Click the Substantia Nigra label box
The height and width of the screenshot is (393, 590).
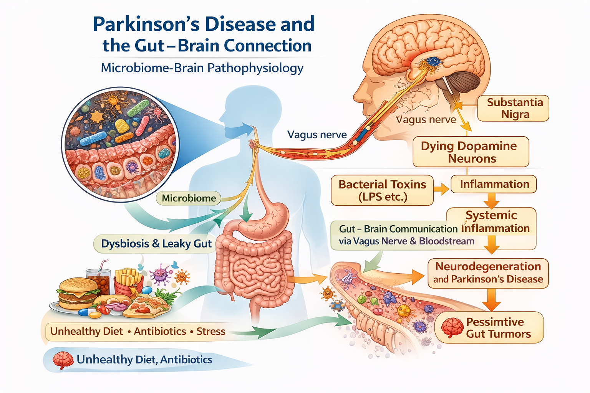tap(513, 108)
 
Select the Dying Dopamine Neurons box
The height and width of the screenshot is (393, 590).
tap(471, 152)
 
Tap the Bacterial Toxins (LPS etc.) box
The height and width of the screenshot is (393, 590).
tap(382, 190)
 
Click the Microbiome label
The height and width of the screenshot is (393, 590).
tap(189, 198)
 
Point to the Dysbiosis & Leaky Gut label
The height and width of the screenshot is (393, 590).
tap(156, 244)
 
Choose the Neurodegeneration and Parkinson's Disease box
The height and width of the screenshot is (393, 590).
tap(488, 273)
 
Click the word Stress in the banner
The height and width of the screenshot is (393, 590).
tap(211, 331)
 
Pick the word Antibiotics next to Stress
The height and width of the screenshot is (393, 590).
tap(160, 331)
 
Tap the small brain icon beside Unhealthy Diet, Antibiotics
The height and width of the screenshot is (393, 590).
tap(63, 360)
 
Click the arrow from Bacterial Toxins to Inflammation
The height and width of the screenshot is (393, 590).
tap(441, 189)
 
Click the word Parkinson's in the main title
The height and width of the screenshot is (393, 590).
tap(146, 24)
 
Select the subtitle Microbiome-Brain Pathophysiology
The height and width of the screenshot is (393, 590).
tap(202, 68)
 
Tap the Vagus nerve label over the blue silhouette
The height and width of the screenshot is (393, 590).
tap(317, 135)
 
